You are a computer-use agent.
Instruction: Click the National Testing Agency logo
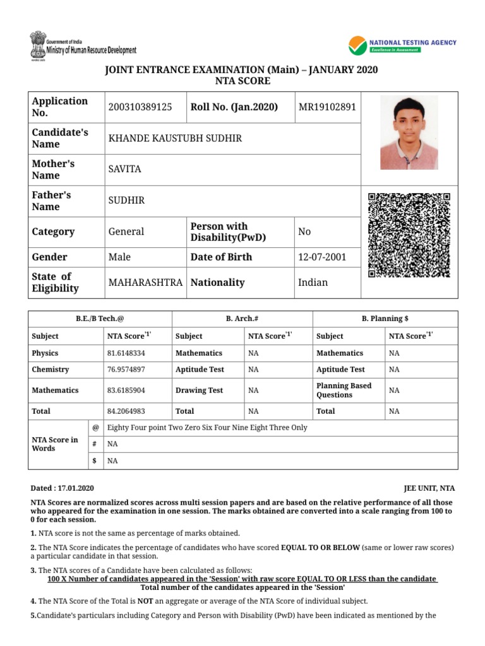402,45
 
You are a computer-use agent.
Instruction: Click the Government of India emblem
37,44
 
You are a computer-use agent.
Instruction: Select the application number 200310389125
140,107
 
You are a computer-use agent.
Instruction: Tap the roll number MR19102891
326,107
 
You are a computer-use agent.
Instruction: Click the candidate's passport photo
409,133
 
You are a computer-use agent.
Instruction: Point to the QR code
409,235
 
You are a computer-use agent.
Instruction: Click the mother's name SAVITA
125,170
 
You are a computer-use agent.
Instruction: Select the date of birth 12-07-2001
321,257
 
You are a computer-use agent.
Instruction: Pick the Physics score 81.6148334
126,353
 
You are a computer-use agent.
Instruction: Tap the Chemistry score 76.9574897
126,370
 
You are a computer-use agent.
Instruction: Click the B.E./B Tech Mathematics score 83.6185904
126,391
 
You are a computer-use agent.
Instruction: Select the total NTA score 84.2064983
126,411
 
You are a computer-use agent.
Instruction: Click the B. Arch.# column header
242,319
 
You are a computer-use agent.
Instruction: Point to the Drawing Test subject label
199,391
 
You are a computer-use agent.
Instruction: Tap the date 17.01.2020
76,488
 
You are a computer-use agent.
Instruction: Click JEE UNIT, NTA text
429,488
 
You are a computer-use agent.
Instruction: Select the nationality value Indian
313,283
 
